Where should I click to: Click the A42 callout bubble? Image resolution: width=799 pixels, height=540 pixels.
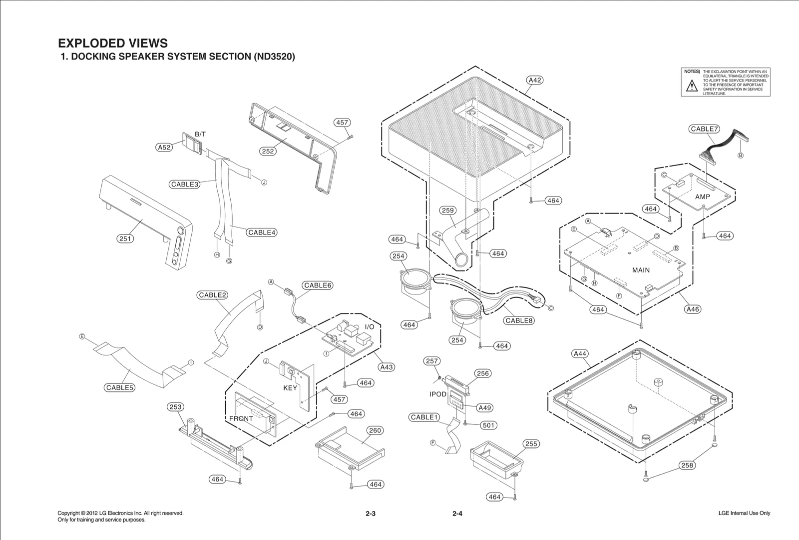click(x=535, y=80)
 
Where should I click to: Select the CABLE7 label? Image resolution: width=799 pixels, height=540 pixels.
click(x=704, y=129)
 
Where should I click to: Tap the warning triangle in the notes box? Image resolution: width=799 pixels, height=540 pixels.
click(x=691, y=86)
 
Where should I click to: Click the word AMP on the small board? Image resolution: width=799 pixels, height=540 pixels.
click(x=702, y=197)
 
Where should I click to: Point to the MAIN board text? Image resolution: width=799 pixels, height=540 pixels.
click(x=641, y=270)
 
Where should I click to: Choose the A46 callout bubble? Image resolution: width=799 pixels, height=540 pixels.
click(x=693, y=309)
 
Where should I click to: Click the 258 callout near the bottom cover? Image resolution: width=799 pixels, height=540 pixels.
click(x=687, y=465)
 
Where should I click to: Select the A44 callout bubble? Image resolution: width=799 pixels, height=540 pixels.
click(x=580, y=353)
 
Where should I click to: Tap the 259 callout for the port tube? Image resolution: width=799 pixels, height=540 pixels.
click(x=448, y=210)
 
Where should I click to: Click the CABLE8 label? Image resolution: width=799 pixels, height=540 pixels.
click(x=519, y=320)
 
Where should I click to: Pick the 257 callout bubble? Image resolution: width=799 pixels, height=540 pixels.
click(x=432, y=361)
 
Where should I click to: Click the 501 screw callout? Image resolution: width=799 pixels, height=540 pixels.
click(x=488, y=425)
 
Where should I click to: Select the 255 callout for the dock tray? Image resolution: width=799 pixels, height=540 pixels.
click(x=531, y=443)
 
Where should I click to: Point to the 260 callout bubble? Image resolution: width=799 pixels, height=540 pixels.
click(x=375, y=430)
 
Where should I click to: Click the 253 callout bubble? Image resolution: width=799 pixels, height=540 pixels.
click(x=175, y=407)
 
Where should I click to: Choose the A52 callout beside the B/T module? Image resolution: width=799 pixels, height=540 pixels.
click(x=164, y=147)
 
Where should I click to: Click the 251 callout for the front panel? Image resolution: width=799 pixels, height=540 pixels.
click(x=125, y=238)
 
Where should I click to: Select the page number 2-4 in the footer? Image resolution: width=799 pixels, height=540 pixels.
click(x=457, y=513)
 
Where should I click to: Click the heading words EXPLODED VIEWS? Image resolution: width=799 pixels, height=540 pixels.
click(x=113, y=43)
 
